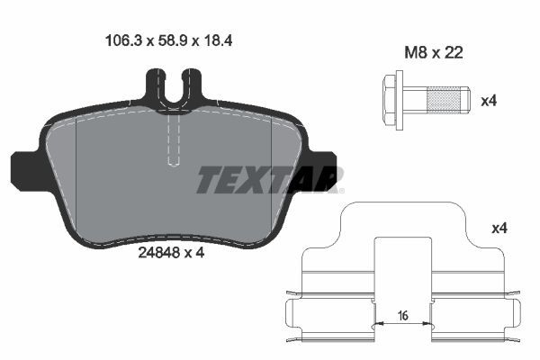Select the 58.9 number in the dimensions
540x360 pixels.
pos(164,40)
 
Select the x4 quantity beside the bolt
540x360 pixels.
pos(489,101)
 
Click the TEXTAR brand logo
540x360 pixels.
pos(267,179)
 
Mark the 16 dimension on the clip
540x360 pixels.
pos(402,315)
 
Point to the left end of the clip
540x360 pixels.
pos(292,315)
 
